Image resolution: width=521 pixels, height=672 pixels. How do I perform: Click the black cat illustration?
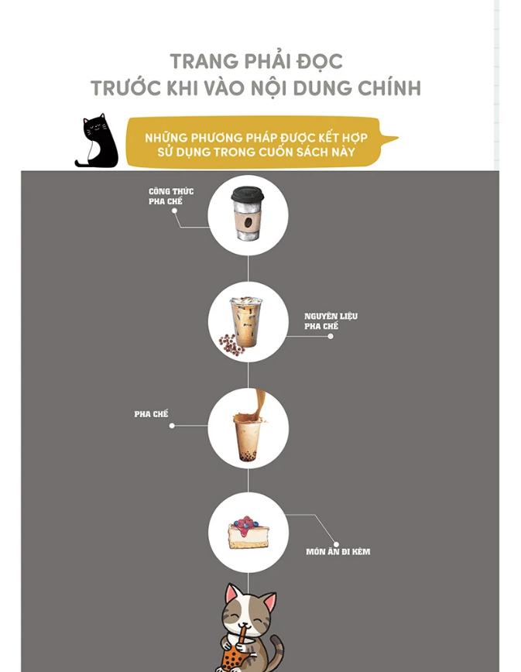click(98, 142)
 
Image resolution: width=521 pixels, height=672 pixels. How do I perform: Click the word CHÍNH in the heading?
click(389, 87)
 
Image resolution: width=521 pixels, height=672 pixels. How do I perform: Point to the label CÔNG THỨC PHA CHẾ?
click(171, 197)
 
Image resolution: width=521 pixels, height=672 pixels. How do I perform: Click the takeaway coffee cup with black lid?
click(247, 213)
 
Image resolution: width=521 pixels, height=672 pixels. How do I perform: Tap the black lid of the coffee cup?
click(247, 194)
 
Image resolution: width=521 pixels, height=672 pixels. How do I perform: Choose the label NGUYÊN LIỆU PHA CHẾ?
click(331, 321)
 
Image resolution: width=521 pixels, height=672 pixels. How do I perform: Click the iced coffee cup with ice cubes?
click(246, 321)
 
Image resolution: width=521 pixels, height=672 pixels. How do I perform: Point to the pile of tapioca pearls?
click(231, 345)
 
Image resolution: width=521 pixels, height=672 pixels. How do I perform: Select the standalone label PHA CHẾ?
click(151, 414)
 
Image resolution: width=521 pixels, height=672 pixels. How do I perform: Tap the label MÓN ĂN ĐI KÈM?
click(338, 551)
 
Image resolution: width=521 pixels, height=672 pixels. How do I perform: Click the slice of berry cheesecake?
click(249, 533)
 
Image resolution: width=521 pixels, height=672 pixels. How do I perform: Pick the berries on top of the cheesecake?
click(246, 523)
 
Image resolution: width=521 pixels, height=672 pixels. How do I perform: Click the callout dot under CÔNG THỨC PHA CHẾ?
click(174, 211)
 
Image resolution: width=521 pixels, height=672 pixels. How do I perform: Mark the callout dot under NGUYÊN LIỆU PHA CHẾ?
click(331, 337)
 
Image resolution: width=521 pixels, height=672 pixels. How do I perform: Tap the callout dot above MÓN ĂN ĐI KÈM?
click(336, 544)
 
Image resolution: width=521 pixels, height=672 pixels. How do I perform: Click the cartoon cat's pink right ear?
click(270, 602)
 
